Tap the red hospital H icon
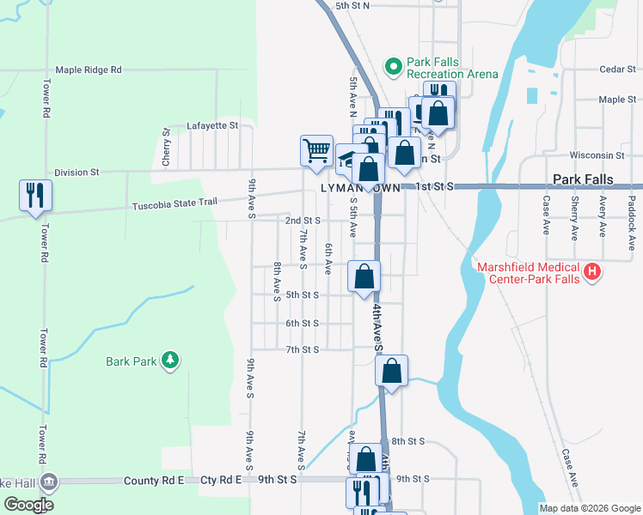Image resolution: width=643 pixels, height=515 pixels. coord(591,273)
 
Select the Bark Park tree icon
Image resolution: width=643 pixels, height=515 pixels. coord(171,360)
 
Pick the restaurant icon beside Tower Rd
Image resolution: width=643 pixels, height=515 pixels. coord(35,195)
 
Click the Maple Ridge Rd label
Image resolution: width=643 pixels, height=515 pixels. coord(89,70)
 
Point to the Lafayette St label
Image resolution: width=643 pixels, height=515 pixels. coord(211,125)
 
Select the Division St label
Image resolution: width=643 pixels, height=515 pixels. coord(77,173)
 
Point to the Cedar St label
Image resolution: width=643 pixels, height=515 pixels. coord(616,70)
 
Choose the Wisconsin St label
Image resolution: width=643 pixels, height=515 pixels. coord(602,155)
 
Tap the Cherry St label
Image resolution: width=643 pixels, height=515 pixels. coord(166,148)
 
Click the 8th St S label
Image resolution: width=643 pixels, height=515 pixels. coord(408,441)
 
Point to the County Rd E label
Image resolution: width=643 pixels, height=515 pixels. coord(154,481)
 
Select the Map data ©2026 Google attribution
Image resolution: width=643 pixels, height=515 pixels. coord(589,508)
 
